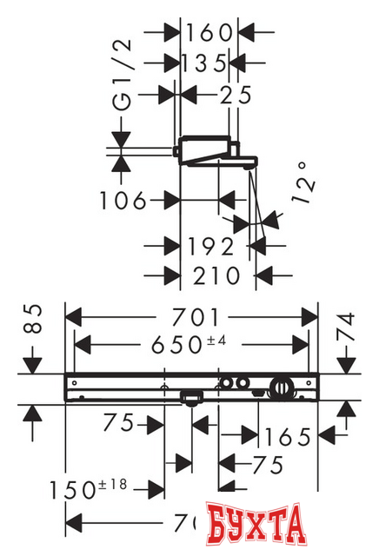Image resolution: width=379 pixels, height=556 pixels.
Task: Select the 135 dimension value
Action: coord(205,63)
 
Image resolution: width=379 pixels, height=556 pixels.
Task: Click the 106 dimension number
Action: coord(122,201)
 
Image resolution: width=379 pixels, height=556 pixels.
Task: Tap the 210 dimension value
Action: coord(215,275)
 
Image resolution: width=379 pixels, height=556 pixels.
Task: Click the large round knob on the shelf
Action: coord(281,387)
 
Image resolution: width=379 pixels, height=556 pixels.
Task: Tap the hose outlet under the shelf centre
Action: coord(190,400)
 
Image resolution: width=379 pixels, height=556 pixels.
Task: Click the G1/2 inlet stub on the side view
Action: coord(177,153)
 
